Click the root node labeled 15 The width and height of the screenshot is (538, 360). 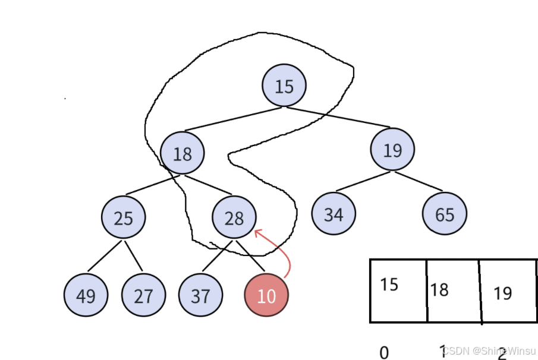[284, 86]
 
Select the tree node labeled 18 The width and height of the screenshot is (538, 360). [182, 153]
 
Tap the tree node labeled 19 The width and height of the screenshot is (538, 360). [392, 149]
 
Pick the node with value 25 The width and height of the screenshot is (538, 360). [123, 217]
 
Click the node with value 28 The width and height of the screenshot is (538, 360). [234, 218]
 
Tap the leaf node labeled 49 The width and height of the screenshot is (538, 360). [86, 295]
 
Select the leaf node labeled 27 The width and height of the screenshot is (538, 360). [143, 295]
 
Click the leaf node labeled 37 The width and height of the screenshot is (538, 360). [200, 295]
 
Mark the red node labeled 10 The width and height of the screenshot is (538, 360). [266, 295]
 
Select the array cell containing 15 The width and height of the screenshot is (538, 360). [398, 290]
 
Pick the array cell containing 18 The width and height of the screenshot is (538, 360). [453, 290]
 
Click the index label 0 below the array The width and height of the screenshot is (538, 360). [383, 351]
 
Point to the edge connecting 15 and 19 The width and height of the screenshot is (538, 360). [336, 117]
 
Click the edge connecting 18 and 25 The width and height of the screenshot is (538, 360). [153, 185]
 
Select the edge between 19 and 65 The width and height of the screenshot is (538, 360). [419, 181]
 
